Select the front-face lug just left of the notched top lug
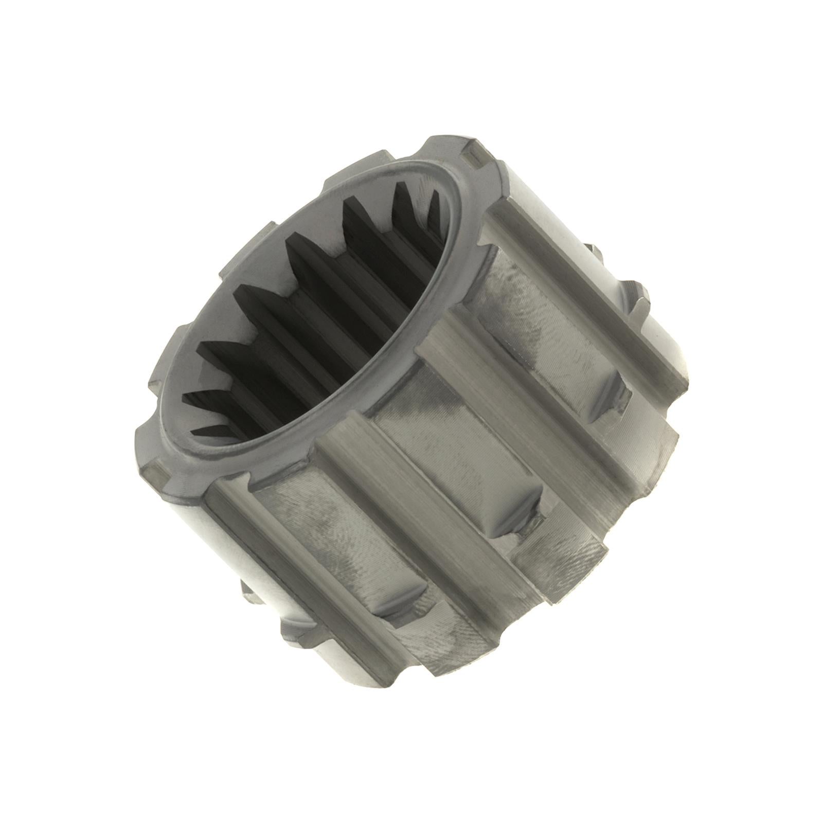[386, 154]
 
